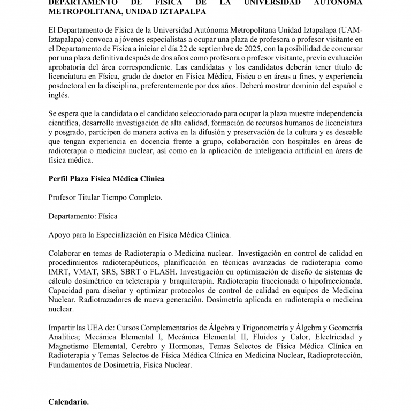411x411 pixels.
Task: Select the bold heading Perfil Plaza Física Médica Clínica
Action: [106, 178]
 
